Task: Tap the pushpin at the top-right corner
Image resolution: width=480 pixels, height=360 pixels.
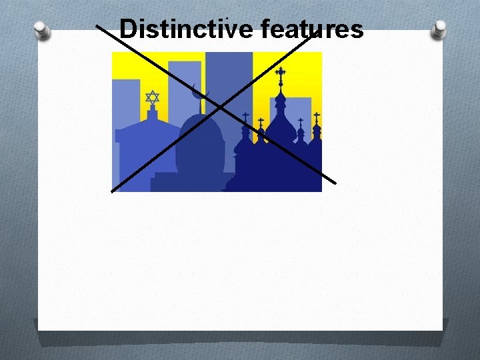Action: tap(439, 29)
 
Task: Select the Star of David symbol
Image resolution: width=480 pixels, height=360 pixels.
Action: tap(153, 98)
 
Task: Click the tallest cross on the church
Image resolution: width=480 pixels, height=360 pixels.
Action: tap(281, 75)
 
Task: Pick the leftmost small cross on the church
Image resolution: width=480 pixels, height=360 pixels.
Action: tap(245, 118)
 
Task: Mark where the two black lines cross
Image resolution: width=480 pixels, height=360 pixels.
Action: tap(219, 107)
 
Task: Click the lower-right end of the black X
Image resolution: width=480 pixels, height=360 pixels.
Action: tap(335, 182)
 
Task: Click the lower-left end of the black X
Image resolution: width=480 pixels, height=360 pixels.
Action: tap(112, 191)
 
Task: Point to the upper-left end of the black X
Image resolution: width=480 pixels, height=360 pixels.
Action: tap(98, 27)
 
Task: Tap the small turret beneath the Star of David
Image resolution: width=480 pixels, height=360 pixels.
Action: tap(153, 115)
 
